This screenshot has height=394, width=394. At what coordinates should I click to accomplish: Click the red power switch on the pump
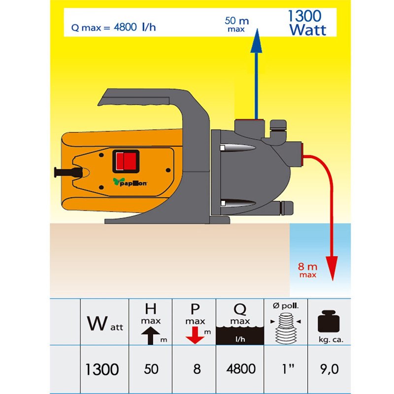click(x=126, y=161)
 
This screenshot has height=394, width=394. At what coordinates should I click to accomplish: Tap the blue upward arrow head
click(x=256, y=41)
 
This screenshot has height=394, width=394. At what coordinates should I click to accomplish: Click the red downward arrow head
click(x=332, y=268)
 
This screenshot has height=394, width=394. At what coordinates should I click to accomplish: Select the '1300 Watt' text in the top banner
click(x=306, y=23)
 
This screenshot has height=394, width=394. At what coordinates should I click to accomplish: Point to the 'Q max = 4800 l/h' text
click(x=114, y=27)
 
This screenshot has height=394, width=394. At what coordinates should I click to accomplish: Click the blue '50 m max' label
click(x=237, y=24)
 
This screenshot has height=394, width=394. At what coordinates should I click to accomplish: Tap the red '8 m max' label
click(x=307, y=270)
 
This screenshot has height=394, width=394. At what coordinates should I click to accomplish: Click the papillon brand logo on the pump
click(x=130, y=182)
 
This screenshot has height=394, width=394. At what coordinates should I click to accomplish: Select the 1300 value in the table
click(x=102, y=369)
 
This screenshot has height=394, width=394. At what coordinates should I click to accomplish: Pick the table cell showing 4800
click(x=241, y=369)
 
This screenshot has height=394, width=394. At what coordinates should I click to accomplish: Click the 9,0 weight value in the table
click(x=329, y=369)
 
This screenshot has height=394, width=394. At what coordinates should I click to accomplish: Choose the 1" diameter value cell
click(x=288, y=369)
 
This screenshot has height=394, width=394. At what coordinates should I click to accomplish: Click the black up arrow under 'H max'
click(x=151, y=336)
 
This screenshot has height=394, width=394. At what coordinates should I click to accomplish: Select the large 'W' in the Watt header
click(x=97, y=323)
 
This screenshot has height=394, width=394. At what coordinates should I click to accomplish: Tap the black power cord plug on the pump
click(x=68, y=172)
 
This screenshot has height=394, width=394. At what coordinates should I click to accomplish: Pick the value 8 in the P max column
click(x=197, y=369)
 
